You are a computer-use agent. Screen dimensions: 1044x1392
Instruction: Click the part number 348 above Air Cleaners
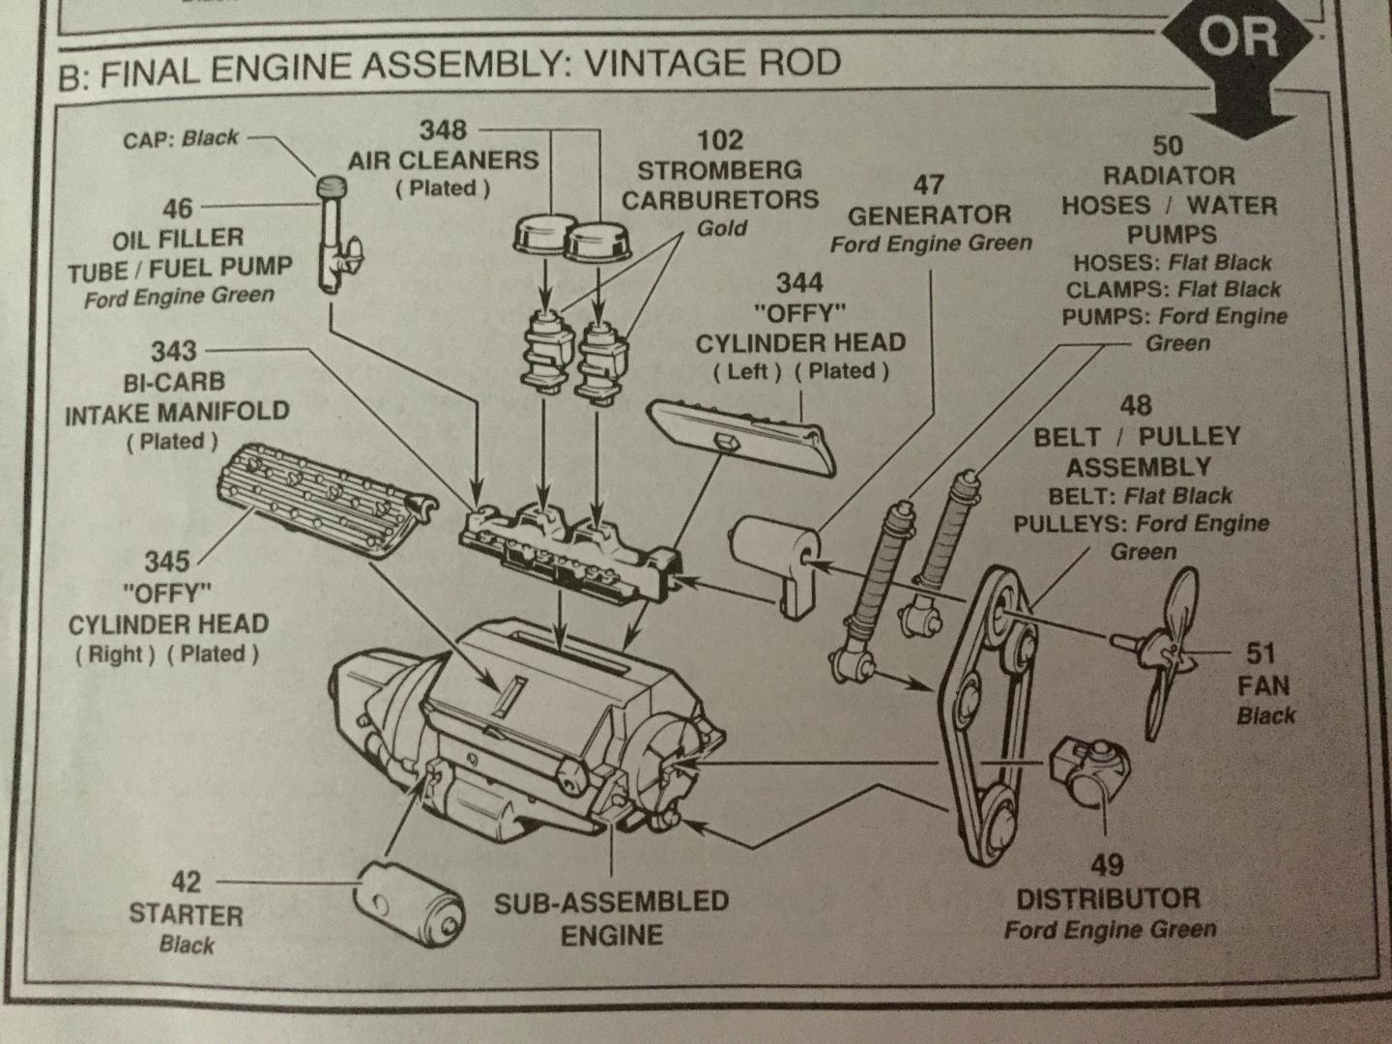tap(442, 130)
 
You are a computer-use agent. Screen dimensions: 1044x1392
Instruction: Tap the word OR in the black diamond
tap(1238, 40)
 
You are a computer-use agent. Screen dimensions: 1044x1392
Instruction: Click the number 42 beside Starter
tap(186, 882)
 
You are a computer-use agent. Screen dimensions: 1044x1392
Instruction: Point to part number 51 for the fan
tap(1261, 654)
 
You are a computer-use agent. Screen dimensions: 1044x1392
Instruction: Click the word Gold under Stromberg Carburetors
tap(721, 229)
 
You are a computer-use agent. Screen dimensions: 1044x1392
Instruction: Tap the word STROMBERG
tap(719, 170)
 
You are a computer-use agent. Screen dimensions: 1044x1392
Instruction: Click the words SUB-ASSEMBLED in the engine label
tap(611, 903)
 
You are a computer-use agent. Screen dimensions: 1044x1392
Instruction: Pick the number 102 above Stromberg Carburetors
tap(720, 139)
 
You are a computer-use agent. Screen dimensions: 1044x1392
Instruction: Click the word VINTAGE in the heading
tap(687, 63)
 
